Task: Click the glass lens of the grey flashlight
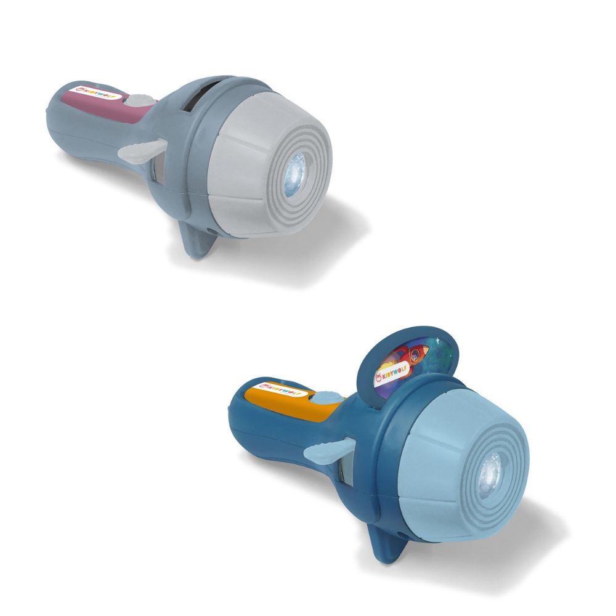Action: click(x=295, y=174)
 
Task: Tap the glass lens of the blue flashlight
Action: click(x=491, y=476)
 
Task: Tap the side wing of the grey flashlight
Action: click(x=142, y=152)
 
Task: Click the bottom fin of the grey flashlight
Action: click(x=198, y=240)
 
